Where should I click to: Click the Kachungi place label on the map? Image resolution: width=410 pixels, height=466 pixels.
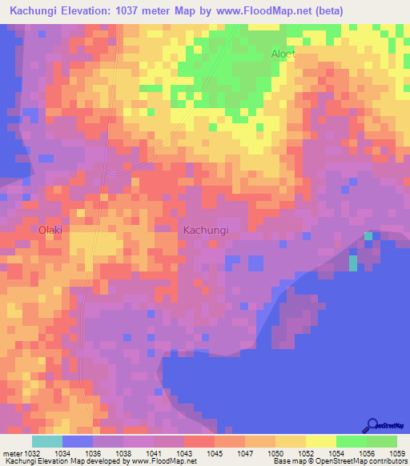point(206,230)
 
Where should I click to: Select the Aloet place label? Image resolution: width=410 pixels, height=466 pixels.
point(283,54)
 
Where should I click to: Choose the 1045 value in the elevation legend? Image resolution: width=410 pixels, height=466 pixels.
point(214,453)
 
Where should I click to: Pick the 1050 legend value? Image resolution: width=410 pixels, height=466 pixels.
point(275,453)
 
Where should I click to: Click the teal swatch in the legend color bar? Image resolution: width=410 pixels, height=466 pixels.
point(47,441)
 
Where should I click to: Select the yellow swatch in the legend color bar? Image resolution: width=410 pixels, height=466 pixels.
point(320,441)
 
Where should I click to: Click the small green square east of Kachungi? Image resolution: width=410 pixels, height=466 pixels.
point(368,236)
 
